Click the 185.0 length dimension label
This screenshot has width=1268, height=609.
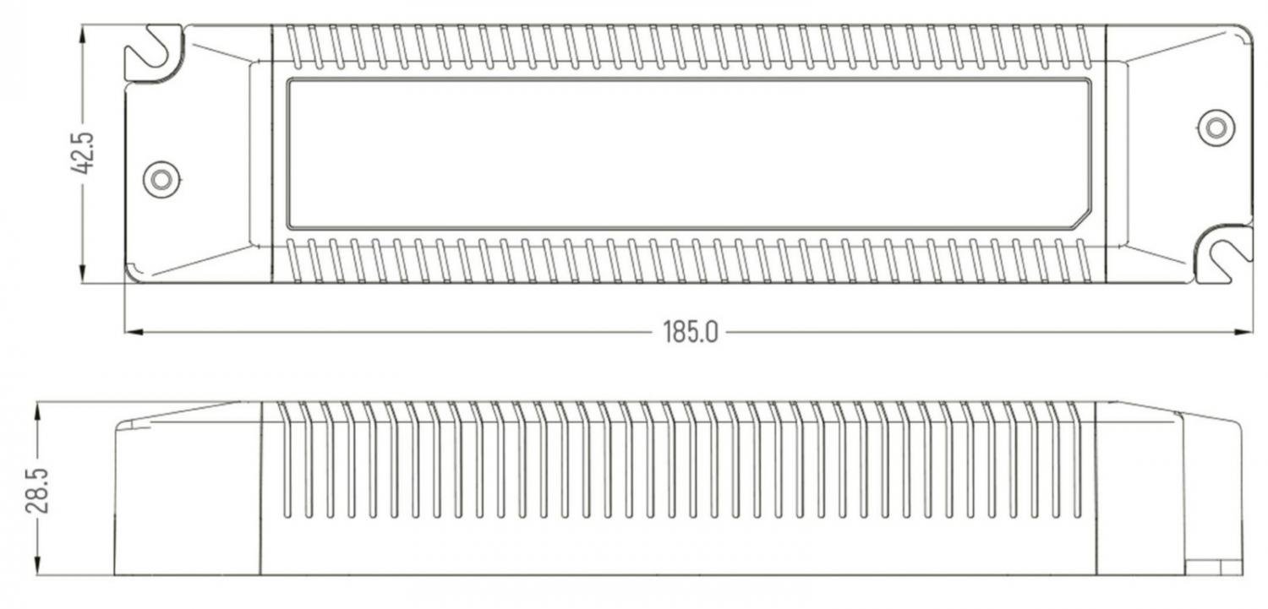tap(690, 332)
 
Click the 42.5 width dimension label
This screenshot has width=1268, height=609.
tap(83, 153)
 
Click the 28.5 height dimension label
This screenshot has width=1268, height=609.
tap(37, 490)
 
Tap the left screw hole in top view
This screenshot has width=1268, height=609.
tap(161, 180)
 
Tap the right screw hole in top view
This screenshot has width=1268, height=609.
tap(1216, 128)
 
